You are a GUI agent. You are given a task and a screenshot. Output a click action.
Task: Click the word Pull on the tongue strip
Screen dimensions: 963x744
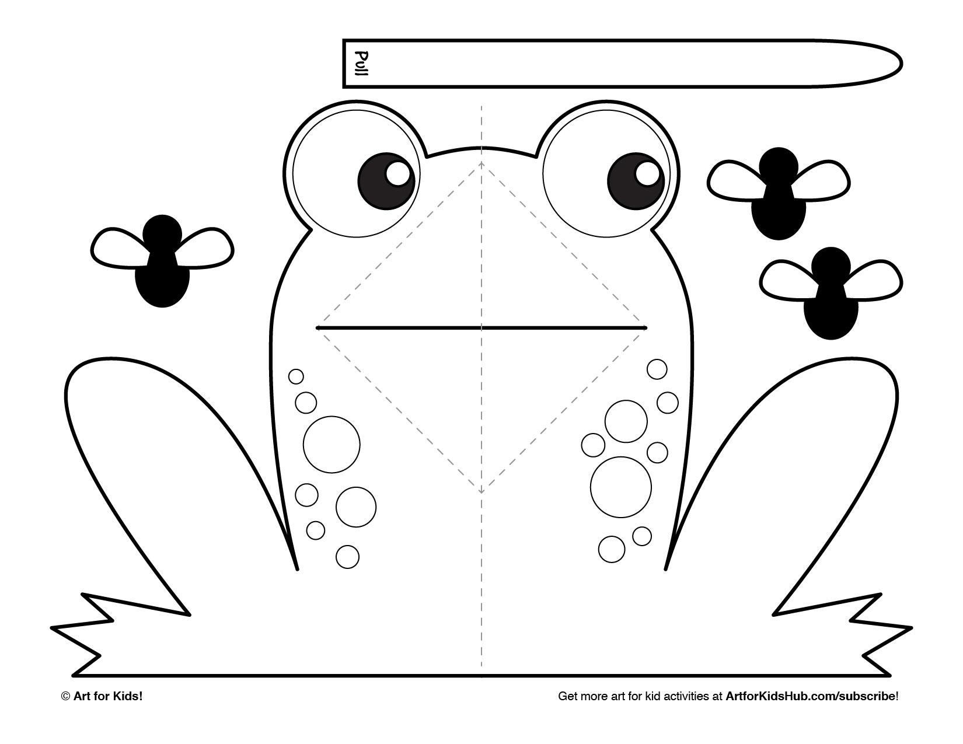[x=362, y=64]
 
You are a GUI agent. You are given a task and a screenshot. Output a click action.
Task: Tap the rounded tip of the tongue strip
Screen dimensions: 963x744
[x=901, y=64]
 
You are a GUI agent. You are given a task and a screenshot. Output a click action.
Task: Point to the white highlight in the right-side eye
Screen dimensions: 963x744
[x=647, y=173]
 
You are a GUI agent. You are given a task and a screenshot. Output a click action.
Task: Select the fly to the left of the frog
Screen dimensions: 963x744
[x=162, y=261]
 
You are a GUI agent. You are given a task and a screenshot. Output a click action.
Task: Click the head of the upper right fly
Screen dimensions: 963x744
[x=779, y=167]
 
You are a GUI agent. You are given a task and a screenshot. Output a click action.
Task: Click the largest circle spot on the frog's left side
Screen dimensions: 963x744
[x=332, y=445]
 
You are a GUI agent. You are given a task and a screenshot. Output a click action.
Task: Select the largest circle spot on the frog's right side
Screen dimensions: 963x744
[x=621, y=487]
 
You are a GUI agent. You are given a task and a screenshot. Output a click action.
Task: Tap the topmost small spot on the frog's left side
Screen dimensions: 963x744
[x=296, y=376]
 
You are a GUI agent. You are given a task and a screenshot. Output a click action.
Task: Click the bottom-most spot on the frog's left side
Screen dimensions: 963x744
[x=347, y=557]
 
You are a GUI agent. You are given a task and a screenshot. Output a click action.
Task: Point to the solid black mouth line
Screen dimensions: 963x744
[x=481, y=328]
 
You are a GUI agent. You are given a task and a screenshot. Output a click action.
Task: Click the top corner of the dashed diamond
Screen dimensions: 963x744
[x=481, y=163]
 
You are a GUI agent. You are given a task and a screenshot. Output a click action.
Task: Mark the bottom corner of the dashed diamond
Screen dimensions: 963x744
[x=481, y=492]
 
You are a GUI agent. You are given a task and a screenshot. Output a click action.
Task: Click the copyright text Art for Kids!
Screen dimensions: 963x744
[x=108, y=696]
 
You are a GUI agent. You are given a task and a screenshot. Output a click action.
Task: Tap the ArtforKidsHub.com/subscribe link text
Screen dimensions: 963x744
[x=810, y=696]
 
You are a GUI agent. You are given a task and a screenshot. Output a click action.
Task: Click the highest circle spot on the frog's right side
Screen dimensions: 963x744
[x=657, y=369]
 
